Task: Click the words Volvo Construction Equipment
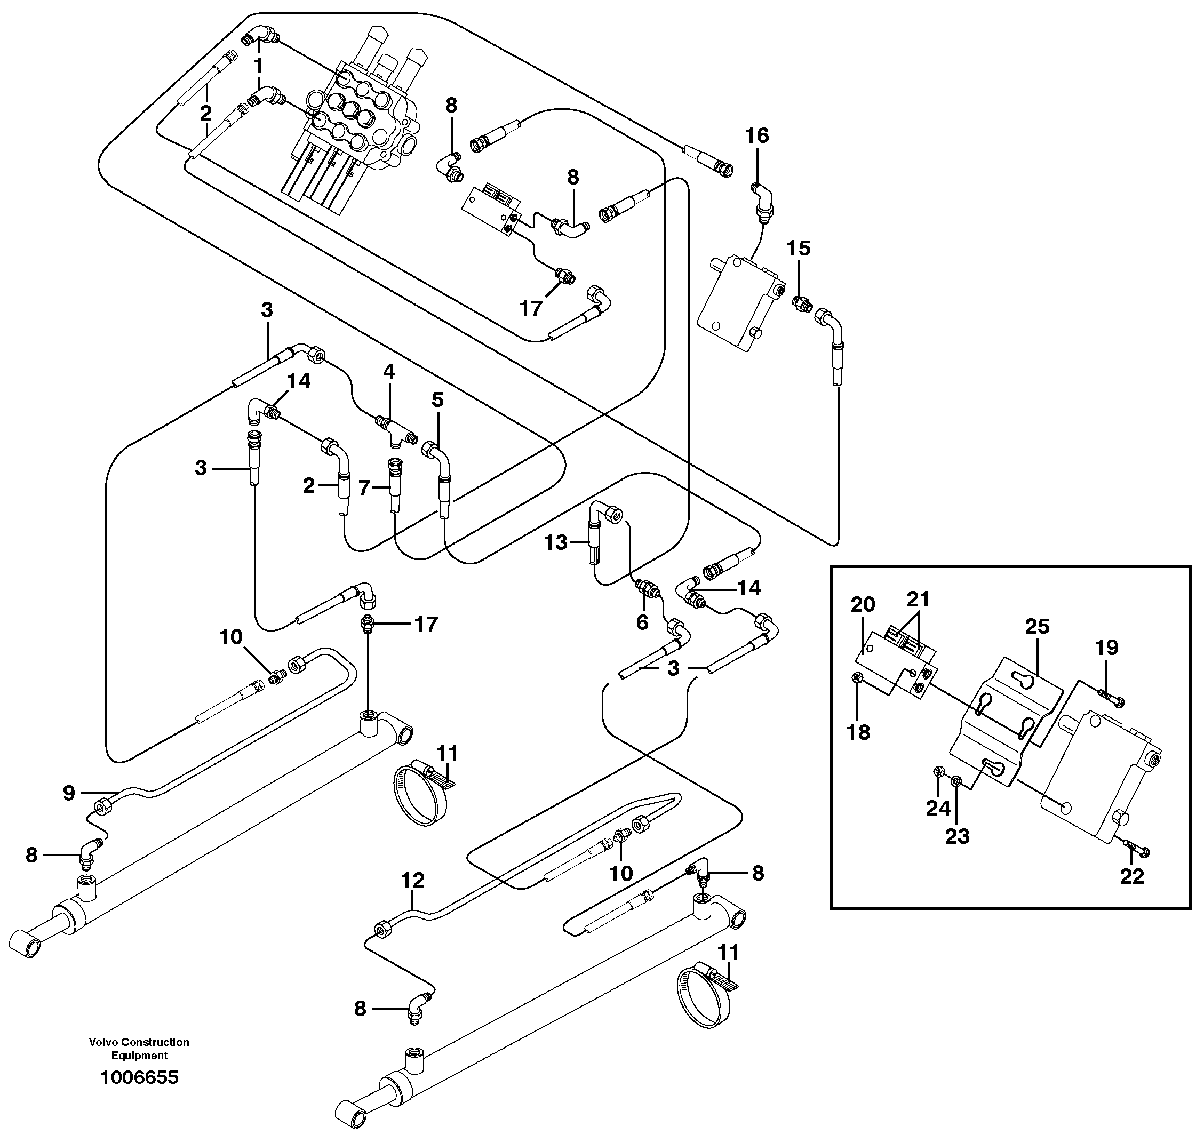[139, 1049]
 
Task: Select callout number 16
[757, 136]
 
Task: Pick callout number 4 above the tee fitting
[389, 371]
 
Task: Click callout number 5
[437, 401]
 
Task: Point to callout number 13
[556, 542]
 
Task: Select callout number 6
[642, 622]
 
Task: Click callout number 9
[69, 793]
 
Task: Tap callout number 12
[412, 881]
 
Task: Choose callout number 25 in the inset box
[1037, 626]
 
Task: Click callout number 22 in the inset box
[1131, 876]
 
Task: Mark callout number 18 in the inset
[858, 732]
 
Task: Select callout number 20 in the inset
[863, 604]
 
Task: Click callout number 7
[364, 487]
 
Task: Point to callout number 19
[1106, 648]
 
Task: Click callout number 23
[956, 836]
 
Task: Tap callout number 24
[938, 809]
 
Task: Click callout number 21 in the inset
[918, 600]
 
